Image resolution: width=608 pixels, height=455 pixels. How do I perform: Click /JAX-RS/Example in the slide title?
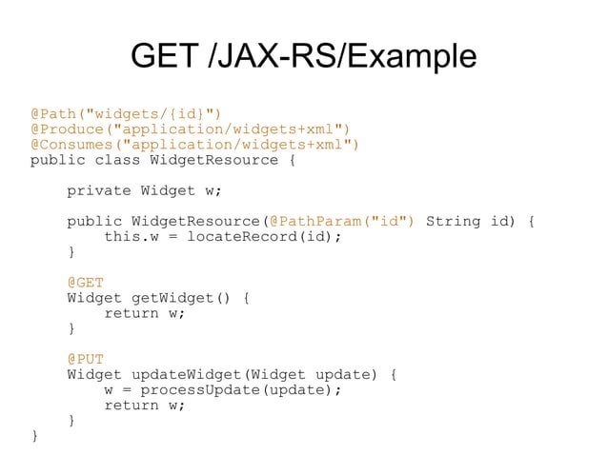pos(340,58)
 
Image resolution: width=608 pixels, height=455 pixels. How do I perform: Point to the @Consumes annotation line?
pos(194,145)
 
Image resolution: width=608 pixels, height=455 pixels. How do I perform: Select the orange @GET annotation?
pos(85,282)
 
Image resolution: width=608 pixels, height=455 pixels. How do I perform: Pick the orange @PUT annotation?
pos(85,359)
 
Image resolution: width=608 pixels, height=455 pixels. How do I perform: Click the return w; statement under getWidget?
pos(144,313)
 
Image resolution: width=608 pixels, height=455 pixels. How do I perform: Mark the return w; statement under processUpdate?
pos(144,405)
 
